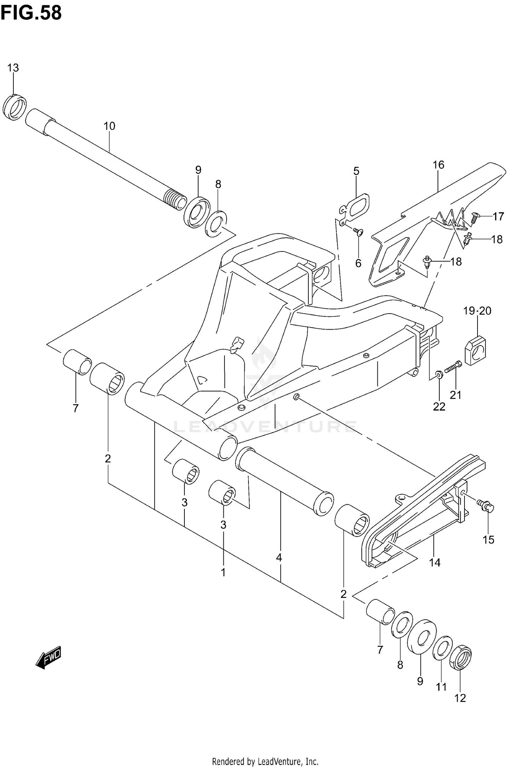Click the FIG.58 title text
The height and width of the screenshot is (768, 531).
31,13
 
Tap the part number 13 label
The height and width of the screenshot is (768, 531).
13,68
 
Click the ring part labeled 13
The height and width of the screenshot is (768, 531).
15,107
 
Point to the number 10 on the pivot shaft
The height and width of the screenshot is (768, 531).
109,126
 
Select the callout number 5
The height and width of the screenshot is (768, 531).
356,171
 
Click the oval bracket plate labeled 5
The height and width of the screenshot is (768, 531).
356,206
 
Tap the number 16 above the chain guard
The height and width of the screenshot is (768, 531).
438,165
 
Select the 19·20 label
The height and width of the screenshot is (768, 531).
477,311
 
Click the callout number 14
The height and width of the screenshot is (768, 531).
435,562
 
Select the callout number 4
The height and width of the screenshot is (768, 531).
279,558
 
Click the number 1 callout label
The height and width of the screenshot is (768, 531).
223,572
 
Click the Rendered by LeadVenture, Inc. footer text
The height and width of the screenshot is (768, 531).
265,758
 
